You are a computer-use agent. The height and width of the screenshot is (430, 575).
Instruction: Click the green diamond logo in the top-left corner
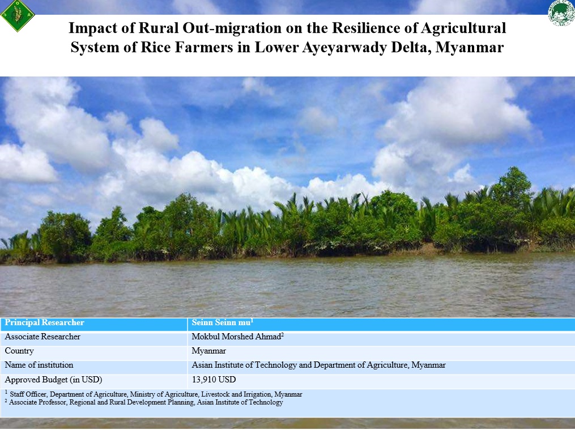(18, 16)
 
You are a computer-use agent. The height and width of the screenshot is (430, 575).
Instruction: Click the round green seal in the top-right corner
(561, 13)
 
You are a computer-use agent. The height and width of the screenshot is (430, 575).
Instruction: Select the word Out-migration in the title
(200, 28)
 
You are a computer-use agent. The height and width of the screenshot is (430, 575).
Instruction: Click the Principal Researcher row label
(45, 323)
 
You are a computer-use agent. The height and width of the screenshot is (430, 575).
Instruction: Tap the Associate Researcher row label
(42, 337)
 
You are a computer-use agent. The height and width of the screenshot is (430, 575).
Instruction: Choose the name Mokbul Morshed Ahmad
(237, 337)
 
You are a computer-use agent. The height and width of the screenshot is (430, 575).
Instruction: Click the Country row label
(19, 351)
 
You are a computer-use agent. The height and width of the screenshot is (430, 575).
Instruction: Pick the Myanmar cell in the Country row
(209, 351)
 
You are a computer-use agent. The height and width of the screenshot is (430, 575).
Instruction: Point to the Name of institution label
(39, 365)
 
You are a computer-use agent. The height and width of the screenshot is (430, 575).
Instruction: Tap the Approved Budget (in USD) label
(53, 380)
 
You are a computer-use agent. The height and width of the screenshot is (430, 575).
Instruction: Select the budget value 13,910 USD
(214, 380)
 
